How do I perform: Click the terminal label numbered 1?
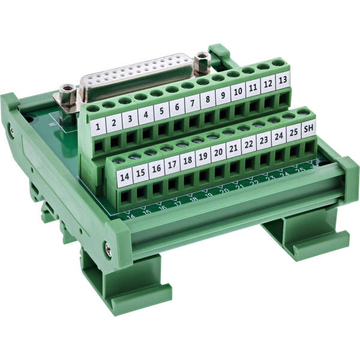[98, 127]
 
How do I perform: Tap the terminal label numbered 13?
[283, 80]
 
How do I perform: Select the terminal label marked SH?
[308, 128]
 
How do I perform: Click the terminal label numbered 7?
[193, 103]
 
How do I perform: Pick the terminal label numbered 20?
[218, 152]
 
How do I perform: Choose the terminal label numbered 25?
[293, 132]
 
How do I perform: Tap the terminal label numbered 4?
[146, 115]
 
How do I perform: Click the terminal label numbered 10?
[238, 91]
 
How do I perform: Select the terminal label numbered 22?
[248, 145]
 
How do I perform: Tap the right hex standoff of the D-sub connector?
[202, 60]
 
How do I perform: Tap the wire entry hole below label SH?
[310, 146]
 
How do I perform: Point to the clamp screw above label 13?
[278, 62]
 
